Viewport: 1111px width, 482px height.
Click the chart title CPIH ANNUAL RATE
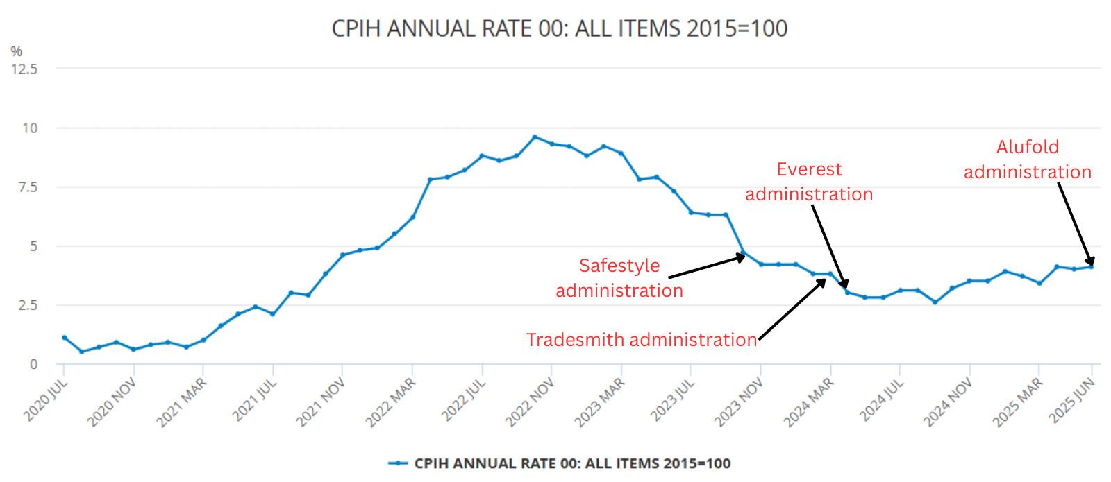pyautogui.click(x=559, y=28)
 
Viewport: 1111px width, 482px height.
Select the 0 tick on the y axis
pyautogui.click(x=33, y=364)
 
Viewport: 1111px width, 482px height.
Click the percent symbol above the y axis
pyautogui.click(x=16, y=51)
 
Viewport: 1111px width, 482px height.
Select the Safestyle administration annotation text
pyautogui.click(x=619, y=277)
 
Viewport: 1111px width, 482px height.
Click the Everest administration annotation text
pyautogui.click(x=809, y=182)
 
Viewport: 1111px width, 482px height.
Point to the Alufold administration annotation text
pyautogui.click(x=1028, y=160)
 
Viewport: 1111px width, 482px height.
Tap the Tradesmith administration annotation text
pyautogui.click(x=641, y=340)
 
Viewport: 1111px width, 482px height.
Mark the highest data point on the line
pyautogui.click(x=534, y=137)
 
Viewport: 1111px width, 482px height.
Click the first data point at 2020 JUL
pyautogui.click(x=64, y=338)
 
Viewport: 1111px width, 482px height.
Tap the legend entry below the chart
pyautogui.click(x=560, y=463)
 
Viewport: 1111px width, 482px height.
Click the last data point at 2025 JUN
pyautogui.click(x=1092, y=267)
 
